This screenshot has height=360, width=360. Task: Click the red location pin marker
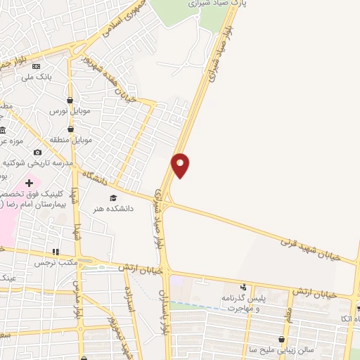(x=181, y=165)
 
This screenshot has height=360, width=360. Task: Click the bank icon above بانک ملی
(x=37, y=67)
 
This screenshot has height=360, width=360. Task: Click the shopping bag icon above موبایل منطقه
(x=70, y=129)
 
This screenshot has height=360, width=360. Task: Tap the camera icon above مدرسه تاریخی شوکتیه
(x=37, y=151)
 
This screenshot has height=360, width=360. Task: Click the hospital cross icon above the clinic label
(x=28, y=183)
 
